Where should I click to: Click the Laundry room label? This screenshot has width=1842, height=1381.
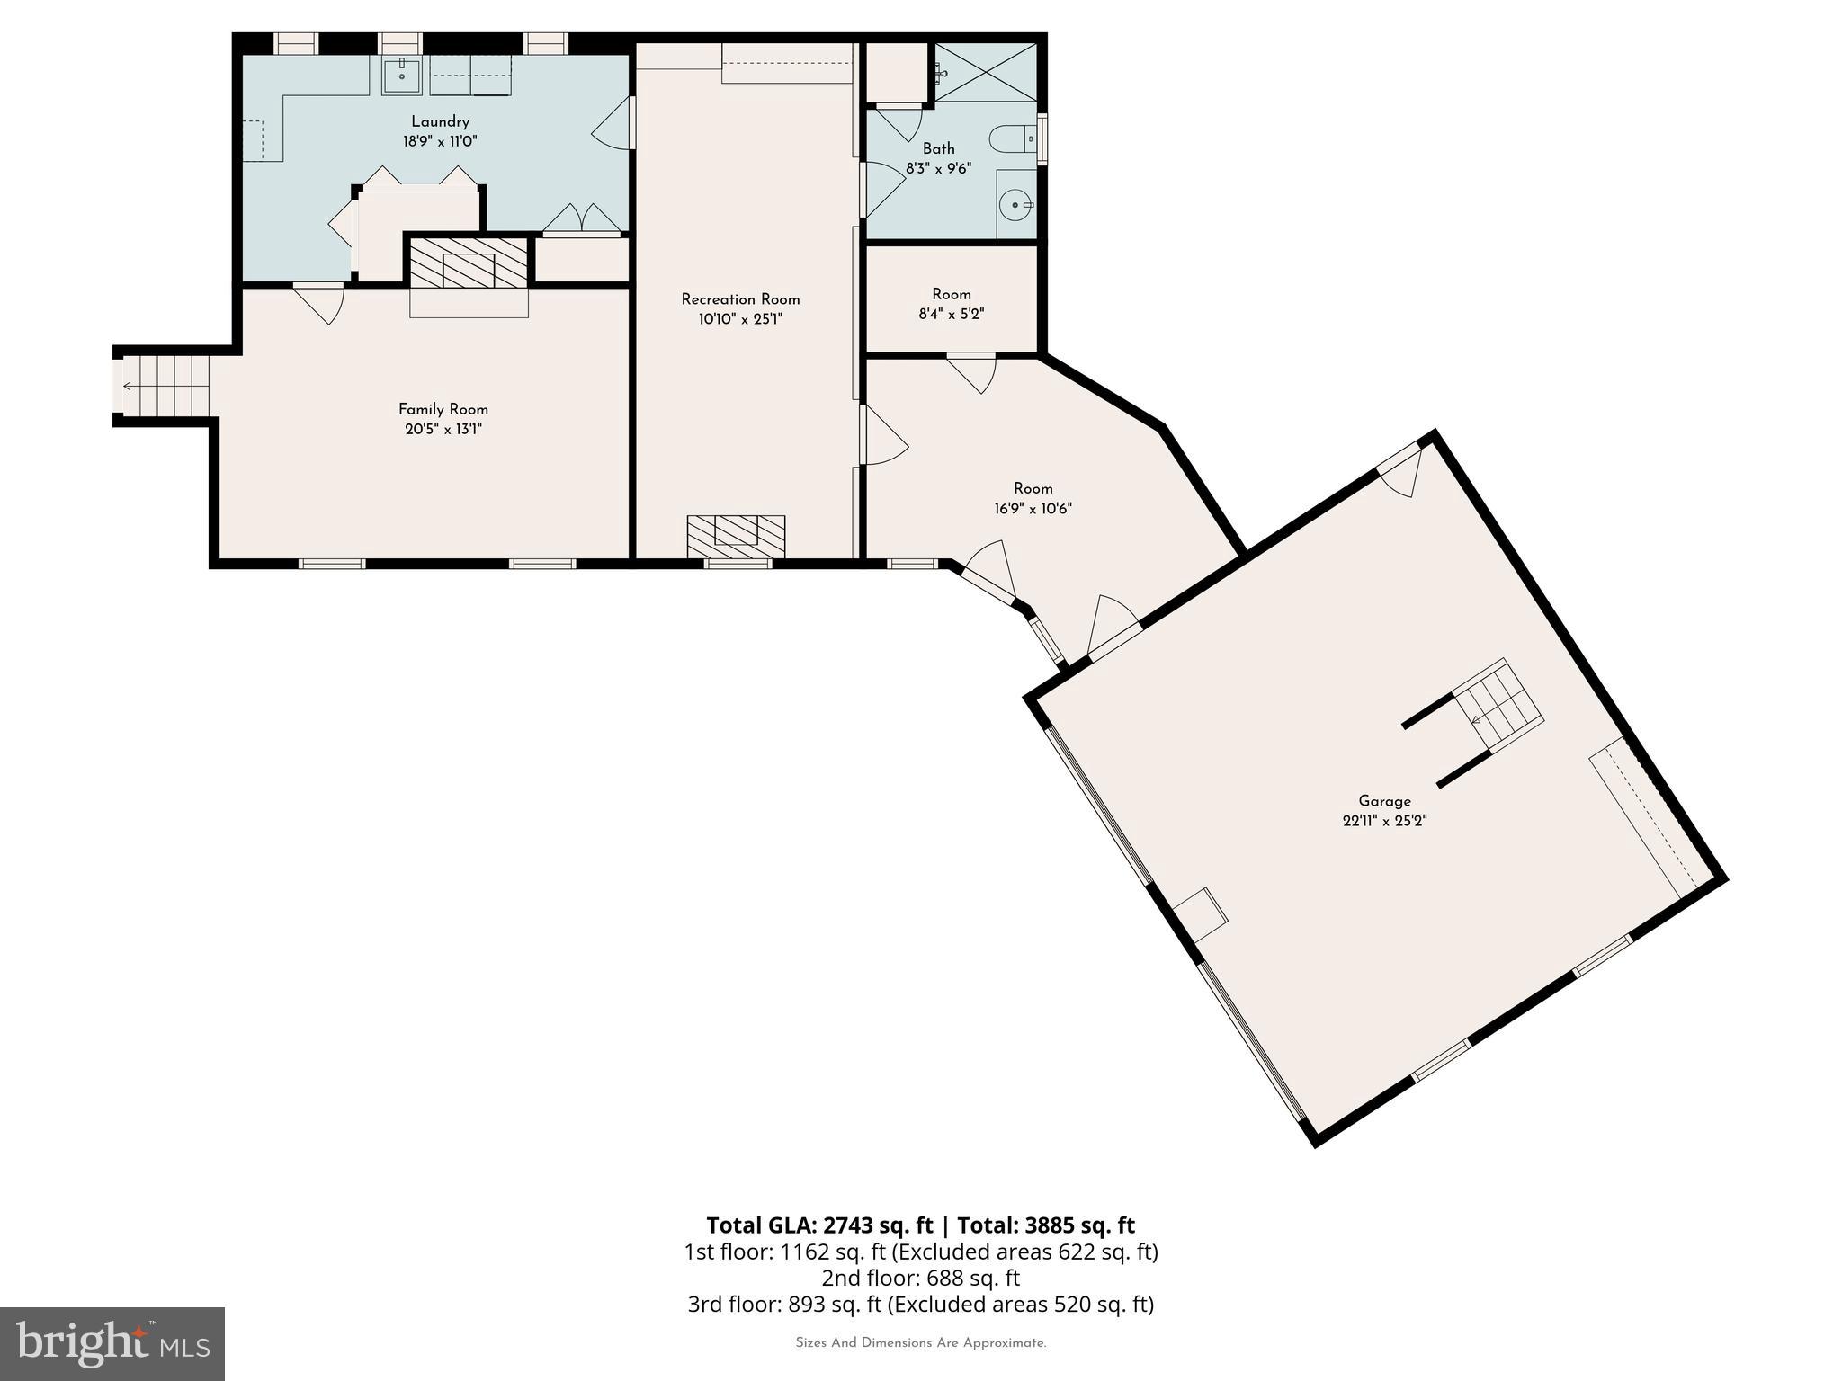point(440,122)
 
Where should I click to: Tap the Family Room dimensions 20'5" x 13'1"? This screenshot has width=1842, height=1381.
point(443,430)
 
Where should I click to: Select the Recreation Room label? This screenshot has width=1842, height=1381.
point(739,299)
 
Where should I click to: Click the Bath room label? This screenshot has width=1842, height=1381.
point(938,148)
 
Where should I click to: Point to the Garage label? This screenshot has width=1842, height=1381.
point(1384,801)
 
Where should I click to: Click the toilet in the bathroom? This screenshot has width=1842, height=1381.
point(1011,139)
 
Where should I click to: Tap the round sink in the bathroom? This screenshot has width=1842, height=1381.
point(1016,206)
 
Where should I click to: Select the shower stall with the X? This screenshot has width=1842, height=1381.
point(985,71)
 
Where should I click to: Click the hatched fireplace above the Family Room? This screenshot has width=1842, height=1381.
point(469,263)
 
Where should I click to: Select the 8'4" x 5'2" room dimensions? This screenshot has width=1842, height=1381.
point(952,315)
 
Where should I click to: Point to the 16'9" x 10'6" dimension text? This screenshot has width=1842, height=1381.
point(1033,509)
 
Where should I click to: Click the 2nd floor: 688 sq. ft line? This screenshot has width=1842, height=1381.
point(920,1278)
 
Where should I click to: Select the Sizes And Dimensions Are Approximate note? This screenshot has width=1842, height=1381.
point(920,1343)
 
